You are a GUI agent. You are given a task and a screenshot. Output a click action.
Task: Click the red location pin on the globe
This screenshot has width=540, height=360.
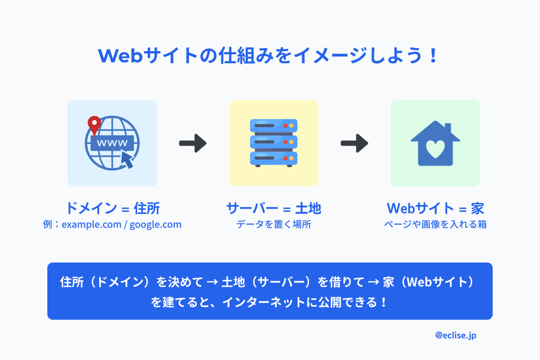94,124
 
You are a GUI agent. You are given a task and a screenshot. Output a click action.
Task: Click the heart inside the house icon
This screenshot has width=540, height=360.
435,150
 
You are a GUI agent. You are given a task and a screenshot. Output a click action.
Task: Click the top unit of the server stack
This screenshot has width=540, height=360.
273,126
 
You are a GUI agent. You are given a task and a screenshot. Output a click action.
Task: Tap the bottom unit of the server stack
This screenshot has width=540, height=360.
273,158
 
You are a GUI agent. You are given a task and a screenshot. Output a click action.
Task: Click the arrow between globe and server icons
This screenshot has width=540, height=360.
192,143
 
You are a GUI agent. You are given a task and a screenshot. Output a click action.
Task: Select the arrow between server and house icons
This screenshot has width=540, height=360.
354,143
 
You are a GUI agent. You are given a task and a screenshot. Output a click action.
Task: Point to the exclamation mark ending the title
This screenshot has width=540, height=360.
433,56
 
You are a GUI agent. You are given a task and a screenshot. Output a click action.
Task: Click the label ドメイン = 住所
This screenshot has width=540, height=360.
112,208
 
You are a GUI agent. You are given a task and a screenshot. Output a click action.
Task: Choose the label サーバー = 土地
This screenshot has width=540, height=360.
273,208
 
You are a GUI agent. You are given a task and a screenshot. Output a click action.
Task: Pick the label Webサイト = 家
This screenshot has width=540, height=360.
435,208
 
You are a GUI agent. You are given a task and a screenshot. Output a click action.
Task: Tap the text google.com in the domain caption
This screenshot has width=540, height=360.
156,225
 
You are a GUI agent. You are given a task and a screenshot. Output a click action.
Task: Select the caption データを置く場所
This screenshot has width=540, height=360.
273,225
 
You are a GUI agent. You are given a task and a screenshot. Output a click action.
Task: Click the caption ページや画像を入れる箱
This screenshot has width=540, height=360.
435,225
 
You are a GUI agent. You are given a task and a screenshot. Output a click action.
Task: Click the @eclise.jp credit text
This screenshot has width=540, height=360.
456,335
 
